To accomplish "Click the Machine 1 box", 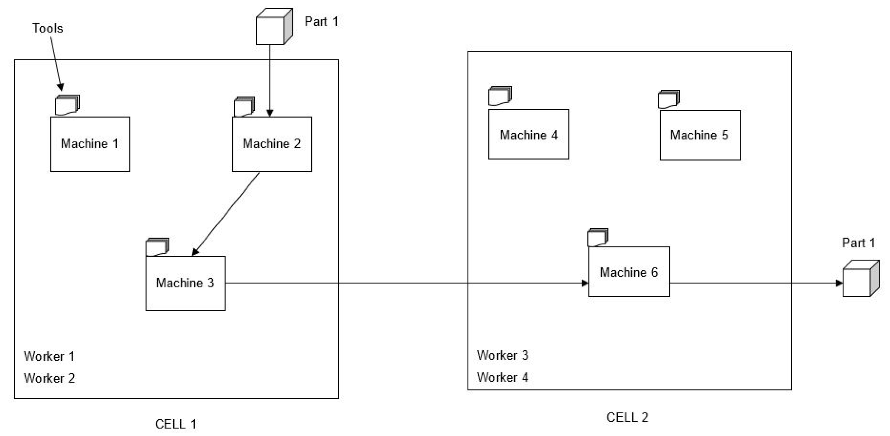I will coord(90,144).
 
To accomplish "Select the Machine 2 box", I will coord(272,144).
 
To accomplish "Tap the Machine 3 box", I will coord(185,283).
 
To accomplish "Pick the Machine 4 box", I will coord(528,134).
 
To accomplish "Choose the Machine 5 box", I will coord(700,135).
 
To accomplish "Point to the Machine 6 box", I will coord(629,272).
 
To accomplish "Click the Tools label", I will coord(48,28).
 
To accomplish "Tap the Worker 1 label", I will coord(49,356).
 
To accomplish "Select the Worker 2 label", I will coord(49,378).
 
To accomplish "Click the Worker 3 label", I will coord(502,355).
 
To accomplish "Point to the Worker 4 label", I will coord(502,377).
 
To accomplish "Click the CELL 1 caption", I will coord(176,423).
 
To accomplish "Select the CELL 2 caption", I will coord(627,417).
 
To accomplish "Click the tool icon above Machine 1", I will coord(67,105).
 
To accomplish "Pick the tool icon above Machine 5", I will coord(668,99).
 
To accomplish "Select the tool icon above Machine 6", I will coord(598,237).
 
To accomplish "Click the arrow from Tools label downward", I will coord(56,62).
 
